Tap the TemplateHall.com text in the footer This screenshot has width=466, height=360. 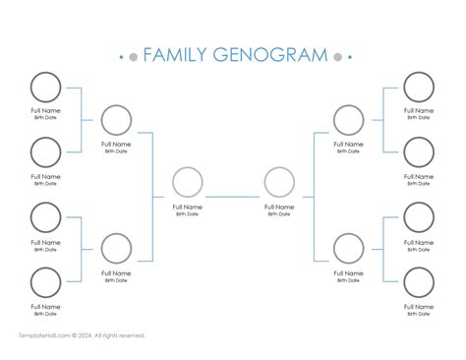pyautogui.click(x=44, y=335)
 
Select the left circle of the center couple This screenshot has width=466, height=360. pyautogui.click(x=187, y=183)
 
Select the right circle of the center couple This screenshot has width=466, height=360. pyautogui.click(x=279, y=183)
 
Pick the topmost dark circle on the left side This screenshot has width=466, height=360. pyautogui.click(x=45, y=88)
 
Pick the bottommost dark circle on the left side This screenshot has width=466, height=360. pyautogui.click(x=45, y=283)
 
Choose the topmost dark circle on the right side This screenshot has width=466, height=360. pyautogui.click(x=419, y=88)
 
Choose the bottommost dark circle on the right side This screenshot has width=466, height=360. pyautogui.click(x=419, y=283)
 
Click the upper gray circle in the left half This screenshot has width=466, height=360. pyautogui.click(x=116, y=120)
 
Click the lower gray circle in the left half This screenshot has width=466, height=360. pyautogui.click(x=116, y=249)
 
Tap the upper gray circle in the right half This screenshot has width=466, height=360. pyautogui.click(x=348, y=120)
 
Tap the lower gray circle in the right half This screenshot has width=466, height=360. pyautogui.click(x=348, y=249)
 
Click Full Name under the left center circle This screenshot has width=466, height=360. pyautogui.click(x=187, y=208)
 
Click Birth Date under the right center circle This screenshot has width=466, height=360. pyautogui.click(x=279, y=214)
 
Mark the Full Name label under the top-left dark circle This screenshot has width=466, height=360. pyautogui.click(x=45, y=111)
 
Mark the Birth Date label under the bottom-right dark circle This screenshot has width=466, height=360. pyautogui.click(x=419, y=315)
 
